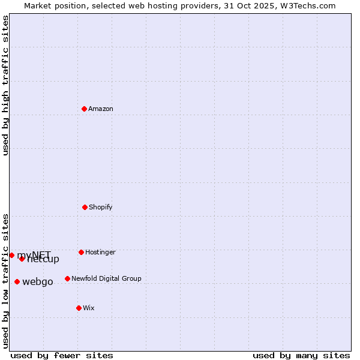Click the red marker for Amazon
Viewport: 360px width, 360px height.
coord(85,109)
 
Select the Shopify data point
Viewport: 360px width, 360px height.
coord(85,207)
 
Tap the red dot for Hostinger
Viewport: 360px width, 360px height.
coord(81,252)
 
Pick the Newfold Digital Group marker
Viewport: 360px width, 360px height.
coord(67,278)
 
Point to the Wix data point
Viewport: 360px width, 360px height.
coord(79,308)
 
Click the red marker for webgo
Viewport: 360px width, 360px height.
coord(17,281)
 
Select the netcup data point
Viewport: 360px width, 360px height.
coord(22,259)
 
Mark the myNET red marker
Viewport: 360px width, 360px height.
coord(11,255)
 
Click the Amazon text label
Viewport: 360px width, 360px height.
coord(101,109)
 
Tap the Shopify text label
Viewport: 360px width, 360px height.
coord(101,208)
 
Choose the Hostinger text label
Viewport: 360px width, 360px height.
coord(100,253)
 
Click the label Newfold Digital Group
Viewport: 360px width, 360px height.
coord(106,279)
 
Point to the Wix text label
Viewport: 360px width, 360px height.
coord(89,308)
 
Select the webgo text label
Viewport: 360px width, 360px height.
coord(38,282)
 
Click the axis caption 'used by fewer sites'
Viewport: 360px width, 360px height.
coord(62,355)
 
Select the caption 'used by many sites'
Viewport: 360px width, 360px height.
coord(301,355)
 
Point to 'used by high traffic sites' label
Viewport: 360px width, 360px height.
coord(6,85)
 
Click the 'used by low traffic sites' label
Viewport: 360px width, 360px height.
coord(6,281)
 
